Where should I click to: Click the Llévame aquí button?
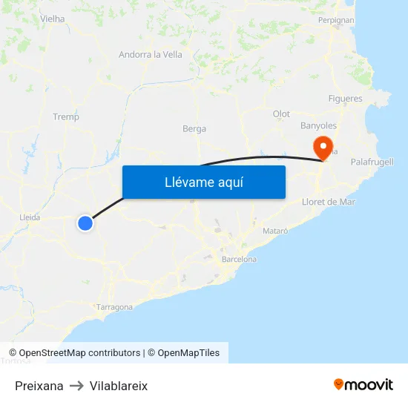point(203,182)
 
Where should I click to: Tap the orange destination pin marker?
point(323,147)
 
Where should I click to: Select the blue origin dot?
point(85,223)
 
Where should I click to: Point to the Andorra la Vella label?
point(151,54)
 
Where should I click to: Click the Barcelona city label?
point(239,260)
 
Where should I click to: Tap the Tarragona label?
point(114,307)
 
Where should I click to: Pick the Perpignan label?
point(336,20)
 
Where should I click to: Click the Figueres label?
point(345,99)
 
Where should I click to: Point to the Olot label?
point(281,113)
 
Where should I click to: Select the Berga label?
point(194,128)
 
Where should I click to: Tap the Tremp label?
point(66,116)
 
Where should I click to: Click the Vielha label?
point(52,19)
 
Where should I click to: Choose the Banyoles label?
point(318,126)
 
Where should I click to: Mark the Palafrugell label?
point(372,162)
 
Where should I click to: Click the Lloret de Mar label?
point(329,202)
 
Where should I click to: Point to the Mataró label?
point(275,231)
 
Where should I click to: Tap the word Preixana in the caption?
point(39,386)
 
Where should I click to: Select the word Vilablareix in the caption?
point(119,386)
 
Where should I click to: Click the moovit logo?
point(363,384)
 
